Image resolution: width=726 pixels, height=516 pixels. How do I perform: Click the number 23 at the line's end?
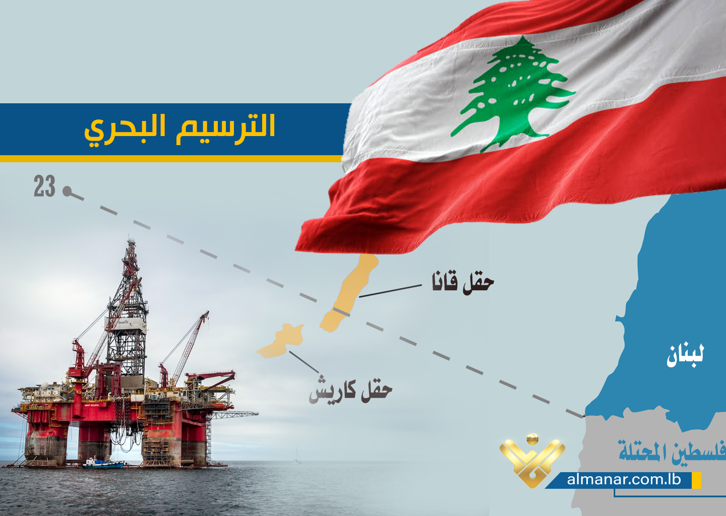(x=44, y=186)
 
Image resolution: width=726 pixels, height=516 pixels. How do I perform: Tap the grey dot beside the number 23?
(x=67, y=191)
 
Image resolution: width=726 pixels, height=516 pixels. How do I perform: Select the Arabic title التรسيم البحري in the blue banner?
(x=179, y=130)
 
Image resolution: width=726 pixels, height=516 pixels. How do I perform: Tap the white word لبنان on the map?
(x=685, y=356)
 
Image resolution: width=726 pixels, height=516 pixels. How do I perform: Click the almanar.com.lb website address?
(x=624, y=479)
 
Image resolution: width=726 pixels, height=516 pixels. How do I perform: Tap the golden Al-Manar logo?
(x=532, y=460)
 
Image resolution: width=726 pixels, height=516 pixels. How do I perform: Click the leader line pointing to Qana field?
(x=390, y=291)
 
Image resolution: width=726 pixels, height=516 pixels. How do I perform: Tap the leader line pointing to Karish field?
(x=304, y=362)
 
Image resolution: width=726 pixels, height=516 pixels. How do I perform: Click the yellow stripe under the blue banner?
(x=171, y=159)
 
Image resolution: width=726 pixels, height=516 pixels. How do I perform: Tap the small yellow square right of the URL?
(x=697, y=480)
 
